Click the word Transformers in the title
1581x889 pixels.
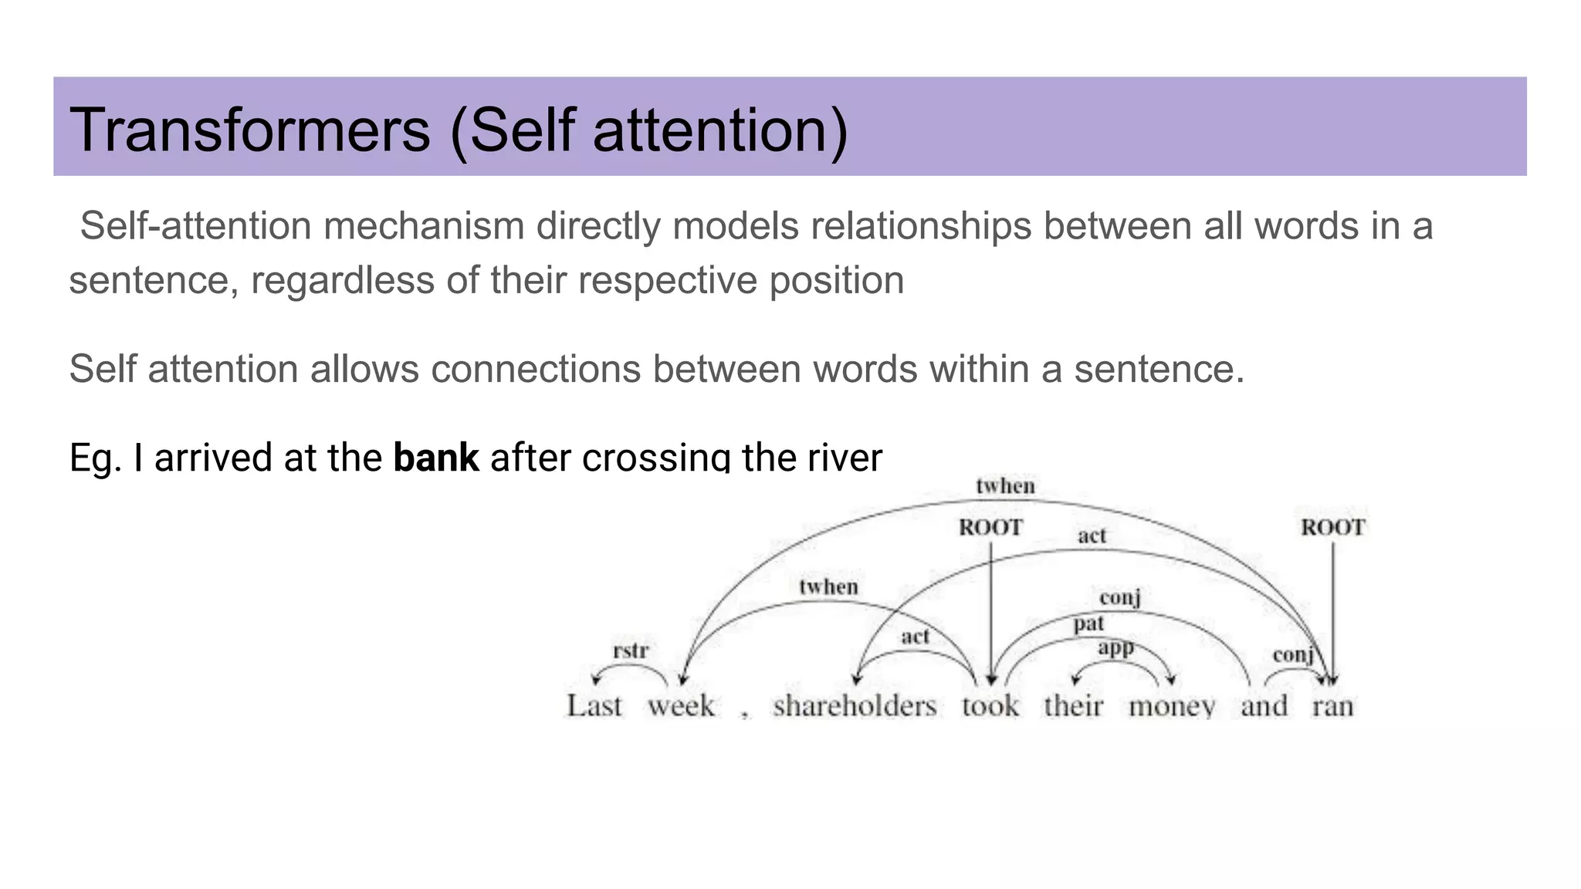point(249,130)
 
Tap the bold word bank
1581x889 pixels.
point(436,458)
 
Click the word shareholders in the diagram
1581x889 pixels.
point(855,706)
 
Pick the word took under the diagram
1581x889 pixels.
point(990,706)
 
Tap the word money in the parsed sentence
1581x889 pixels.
point(1172,706)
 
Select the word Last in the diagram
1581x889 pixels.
point(594,706)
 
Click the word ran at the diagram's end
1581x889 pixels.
point(1333,706)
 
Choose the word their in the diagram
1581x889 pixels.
point(1074,706)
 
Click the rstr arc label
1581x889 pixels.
point(631,651)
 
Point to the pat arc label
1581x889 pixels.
point(1088,624)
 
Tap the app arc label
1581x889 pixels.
point(1116,647)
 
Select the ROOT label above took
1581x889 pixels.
point(990,528)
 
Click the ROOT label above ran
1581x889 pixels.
point(1333,528)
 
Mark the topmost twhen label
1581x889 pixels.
point(1005,486)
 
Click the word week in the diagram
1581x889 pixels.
point(681,706)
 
